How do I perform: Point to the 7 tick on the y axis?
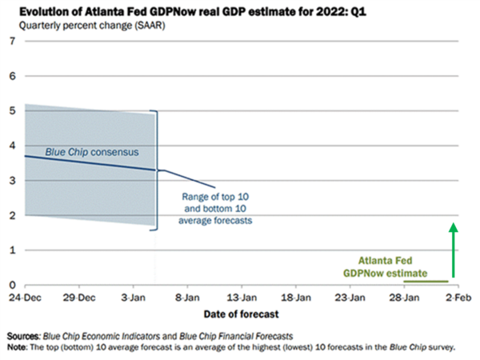coord(12,41)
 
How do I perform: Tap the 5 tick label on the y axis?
coord(12,110)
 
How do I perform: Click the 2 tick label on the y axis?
coord(12,215)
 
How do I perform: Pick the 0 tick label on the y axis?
coord(12,285)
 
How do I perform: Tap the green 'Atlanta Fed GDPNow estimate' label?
coord(391,266)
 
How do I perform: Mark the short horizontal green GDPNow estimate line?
coord(426,281)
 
